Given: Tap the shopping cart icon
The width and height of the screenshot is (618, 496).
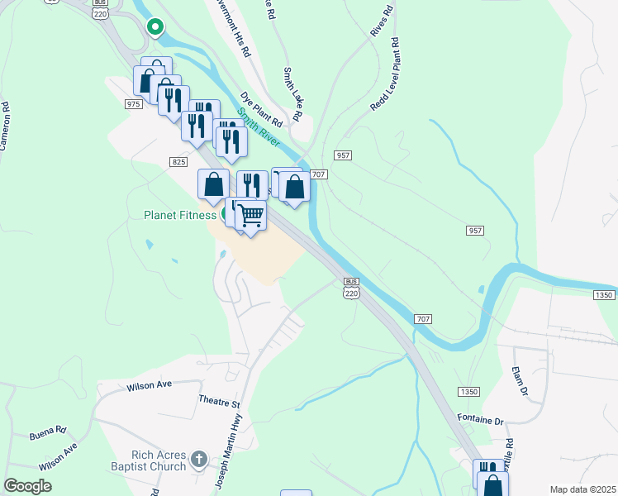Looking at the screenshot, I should [251, 217].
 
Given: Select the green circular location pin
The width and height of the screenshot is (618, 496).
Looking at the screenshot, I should [154, 27].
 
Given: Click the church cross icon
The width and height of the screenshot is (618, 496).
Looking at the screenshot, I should [197, 458].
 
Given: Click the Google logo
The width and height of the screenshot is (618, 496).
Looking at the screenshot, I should [27, 486].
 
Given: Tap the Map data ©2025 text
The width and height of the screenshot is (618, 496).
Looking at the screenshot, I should [582, 489].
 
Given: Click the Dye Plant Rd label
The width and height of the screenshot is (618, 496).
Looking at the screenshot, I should [262, 107].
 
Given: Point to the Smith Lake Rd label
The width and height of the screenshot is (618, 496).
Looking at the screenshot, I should [294, 88].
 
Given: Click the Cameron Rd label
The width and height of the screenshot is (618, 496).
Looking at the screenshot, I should [7, 126].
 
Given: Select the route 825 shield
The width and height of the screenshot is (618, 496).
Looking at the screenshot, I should [178, 162].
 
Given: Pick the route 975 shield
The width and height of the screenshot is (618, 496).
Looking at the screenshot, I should [134, 103].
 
